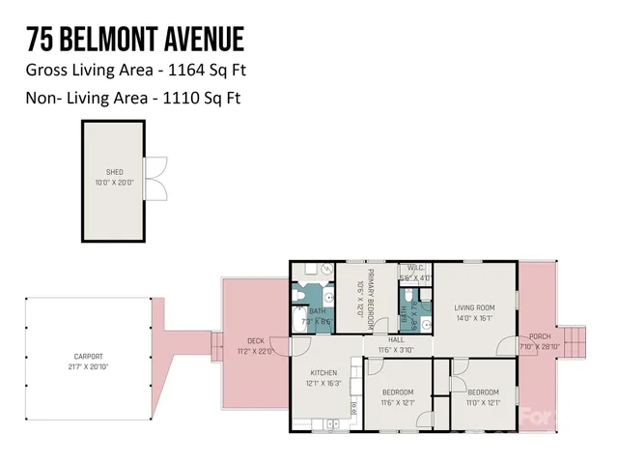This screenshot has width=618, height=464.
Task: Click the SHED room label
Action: pyautogui.click(x=114, y=171)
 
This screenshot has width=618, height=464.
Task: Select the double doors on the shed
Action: pyautogui.click(x=155, y=179)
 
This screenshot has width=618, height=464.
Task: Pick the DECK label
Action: pyautogui.click(x=255, y=340)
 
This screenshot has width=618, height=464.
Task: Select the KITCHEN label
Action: pyautogui.click(x=323, y=372)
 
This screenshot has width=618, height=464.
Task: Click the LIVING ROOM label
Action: pyautogui.click(x=473, y=306)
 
